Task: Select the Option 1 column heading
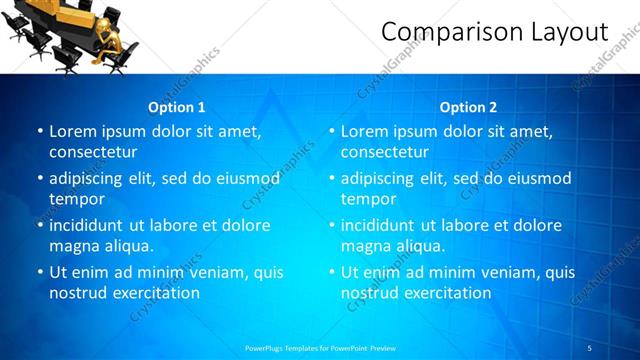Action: pos(177,107)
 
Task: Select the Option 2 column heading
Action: pos(469,107)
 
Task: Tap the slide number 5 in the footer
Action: pos(590,348)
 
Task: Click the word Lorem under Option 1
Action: pos(72,131)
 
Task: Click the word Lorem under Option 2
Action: pos(364,131)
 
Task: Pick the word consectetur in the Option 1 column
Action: pos(93,152)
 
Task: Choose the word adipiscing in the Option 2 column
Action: pos(381,178)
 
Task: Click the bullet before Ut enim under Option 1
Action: pos(39,272)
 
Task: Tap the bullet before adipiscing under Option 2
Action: pos(331,178)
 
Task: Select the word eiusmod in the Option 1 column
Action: pos(245,178)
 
